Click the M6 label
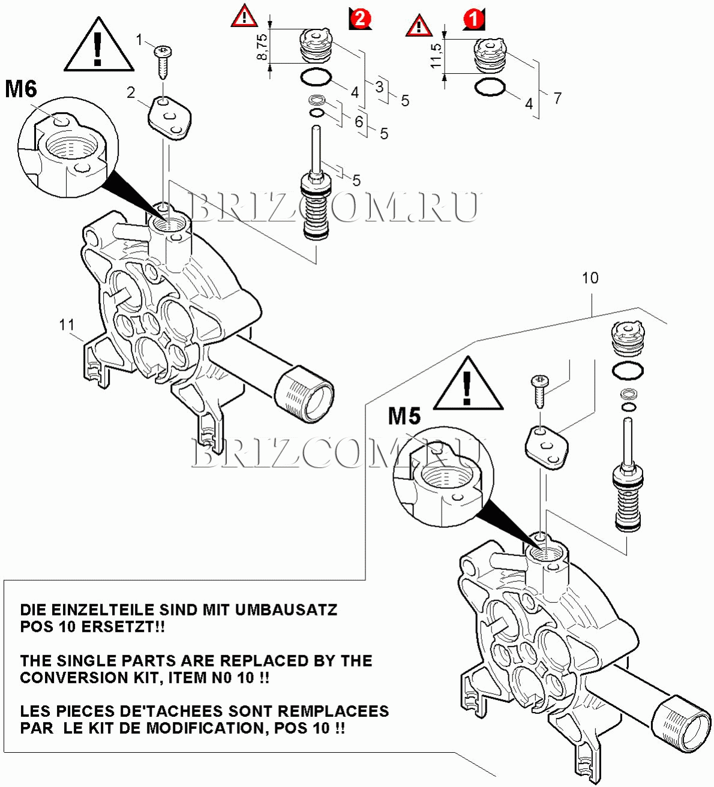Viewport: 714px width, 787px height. [x=21, y=89]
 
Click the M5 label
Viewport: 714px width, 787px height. [x=404, y=416]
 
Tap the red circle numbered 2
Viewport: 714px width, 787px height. [x=360, y=18]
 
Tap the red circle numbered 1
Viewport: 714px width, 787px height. [x=473, y=19]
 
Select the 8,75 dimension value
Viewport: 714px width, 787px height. [x=262, y=46]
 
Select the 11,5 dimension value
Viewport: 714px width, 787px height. [x=436, y=55]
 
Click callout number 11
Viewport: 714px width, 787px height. [x=67, y=325]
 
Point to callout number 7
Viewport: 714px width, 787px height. [x=557, y=97]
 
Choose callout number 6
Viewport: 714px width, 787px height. [x=359, y=121]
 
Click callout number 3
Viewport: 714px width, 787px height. [x=379, y=86]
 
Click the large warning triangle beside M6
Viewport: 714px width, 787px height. [x=98, y=46]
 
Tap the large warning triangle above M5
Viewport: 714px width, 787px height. [x=468, y=386]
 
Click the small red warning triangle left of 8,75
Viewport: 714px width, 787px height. [x=244, y=16]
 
